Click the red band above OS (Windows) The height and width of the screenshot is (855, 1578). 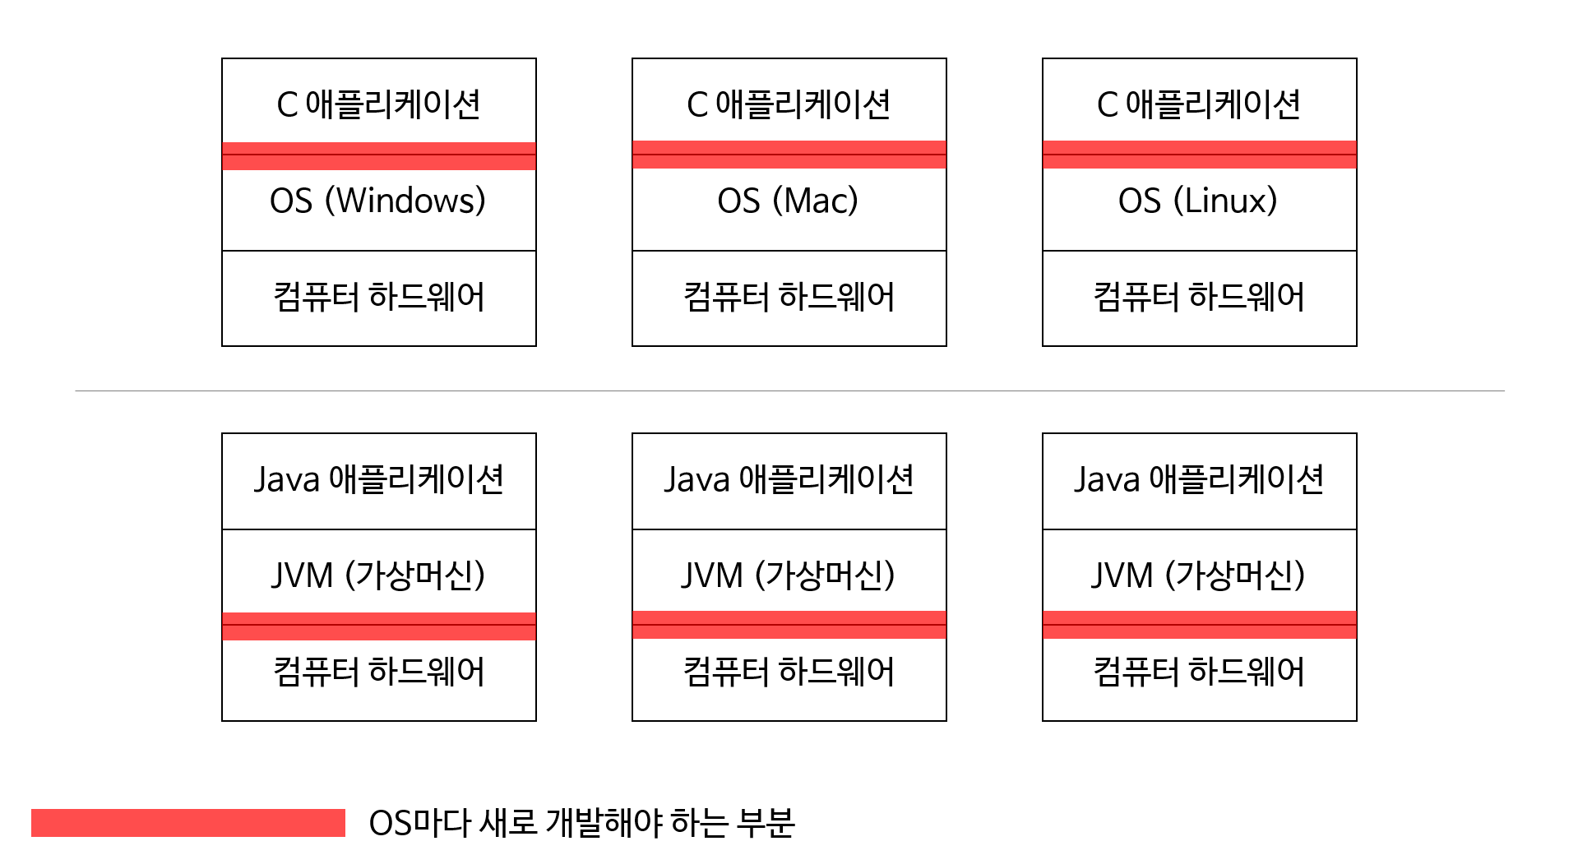[x=378, y=156]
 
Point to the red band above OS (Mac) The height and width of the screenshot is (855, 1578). [x=789, y=155]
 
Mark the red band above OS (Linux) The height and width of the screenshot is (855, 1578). [x=1199, y=155]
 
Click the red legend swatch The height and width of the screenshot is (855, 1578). [x=187, y=823]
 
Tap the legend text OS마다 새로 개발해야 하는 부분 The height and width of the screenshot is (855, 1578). [x=581, y=823]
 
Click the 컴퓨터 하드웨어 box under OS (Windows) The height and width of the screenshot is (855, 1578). [x=378, y=298]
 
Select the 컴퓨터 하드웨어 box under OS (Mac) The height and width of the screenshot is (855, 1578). [x=789, y=298]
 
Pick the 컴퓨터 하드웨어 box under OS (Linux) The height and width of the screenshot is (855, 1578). [x=1199, y=298]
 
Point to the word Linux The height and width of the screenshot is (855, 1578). [x=1225, y=201]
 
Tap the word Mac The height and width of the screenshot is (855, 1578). [x=815, y=201]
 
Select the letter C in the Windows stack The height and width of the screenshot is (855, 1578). [x=287, y=105]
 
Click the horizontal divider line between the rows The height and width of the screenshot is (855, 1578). [x=789, y=391]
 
